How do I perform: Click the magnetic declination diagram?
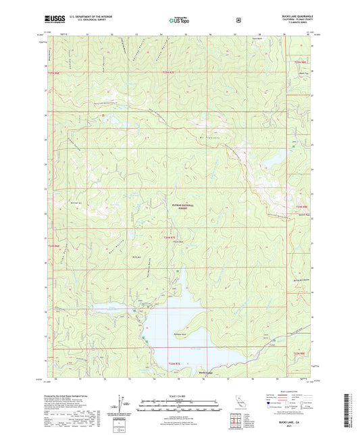pos(120,403)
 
